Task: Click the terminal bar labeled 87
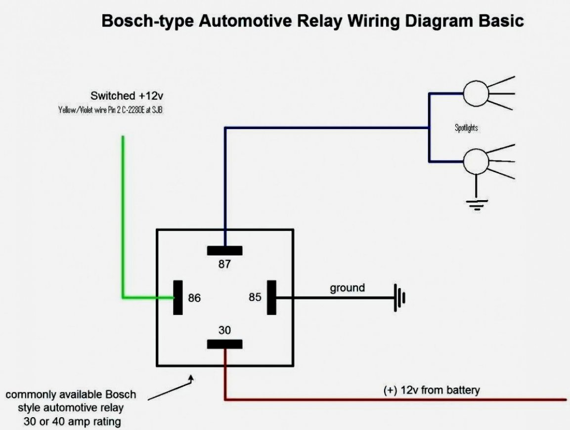[x=225, y=250]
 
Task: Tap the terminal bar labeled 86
[x=178, y=298]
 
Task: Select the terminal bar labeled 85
[x=271, y=297]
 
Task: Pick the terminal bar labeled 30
[x=225, y=344]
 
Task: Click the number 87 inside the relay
[x=225, y=264]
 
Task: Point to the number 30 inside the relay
[x=225, y=330]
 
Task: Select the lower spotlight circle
[x=476, y=161]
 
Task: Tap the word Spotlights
[x=466, y=128]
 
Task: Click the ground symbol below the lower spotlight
[x=477, y=204]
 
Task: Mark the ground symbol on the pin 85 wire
[x=399, y=298]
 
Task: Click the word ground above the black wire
[x=348, y=288]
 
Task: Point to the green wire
[x=123, y=222]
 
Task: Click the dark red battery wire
[x=395, y=399]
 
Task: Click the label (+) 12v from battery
[x=432, y=390]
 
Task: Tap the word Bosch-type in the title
[x=148, y=22]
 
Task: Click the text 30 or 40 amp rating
[x=72, y=422]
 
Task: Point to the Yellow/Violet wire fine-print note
[x=111, y=111]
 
